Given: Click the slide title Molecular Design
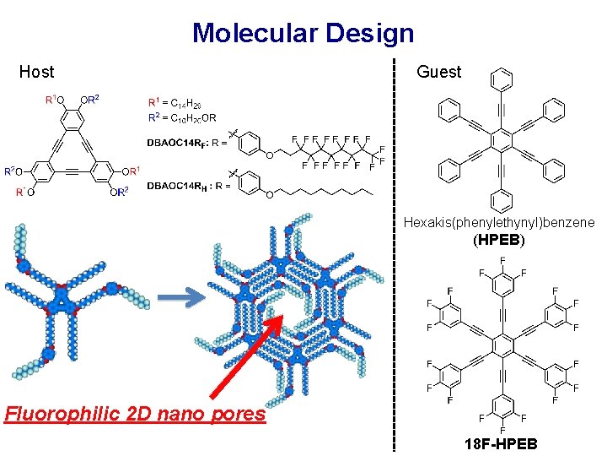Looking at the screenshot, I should (x=303, y=33).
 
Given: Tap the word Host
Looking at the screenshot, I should (x=36, y=72).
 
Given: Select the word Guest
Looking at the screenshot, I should (x=439, y=72).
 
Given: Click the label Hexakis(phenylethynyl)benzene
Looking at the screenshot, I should (x=499, y=223).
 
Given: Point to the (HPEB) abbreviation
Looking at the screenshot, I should (x=499, y=240).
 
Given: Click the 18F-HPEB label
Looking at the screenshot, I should (x=500, y=444).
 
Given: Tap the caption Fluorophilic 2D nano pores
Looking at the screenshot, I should (x=134, y=415).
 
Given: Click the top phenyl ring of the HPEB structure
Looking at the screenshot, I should (x=502, y=82).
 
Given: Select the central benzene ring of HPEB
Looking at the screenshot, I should (x=502, y=140).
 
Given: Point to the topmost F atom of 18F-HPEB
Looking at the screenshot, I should (x=502, y=260).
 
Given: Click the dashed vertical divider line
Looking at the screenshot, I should (x=394, y=253).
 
